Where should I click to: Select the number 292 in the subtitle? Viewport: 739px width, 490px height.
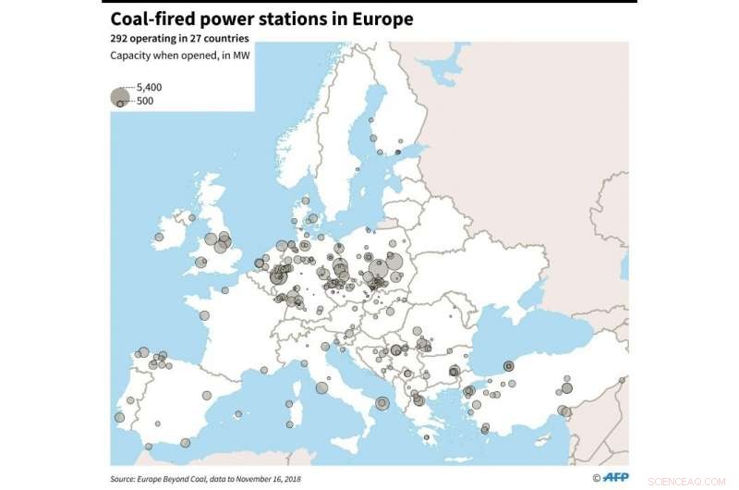tap(122, 39)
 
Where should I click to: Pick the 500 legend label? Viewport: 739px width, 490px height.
tap(145, 101)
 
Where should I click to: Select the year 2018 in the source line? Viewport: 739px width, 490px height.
tap(292, 479)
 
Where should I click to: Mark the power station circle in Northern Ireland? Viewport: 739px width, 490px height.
tap(191, 218)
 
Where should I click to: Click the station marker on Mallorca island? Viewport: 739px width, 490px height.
tap(264, 370)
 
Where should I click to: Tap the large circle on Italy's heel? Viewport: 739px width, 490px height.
tap(382, 402)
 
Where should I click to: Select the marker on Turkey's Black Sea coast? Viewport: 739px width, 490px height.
tap(508, 365)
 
